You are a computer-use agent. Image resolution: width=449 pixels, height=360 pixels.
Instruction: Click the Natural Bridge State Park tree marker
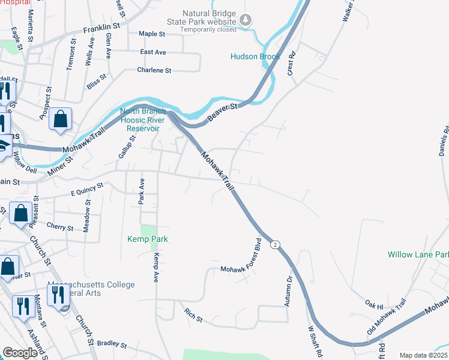246,21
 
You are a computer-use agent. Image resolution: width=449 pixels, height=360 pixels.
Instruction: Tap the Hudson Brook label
255,57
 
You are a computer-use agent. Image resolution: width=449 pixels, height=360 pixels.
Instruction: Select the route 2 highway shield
275,245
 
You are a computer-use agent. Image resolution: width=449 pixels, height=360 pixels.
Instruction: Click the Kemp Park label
148,239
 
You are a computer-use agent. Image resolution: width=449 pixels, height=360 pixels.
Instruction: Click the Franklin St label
101,27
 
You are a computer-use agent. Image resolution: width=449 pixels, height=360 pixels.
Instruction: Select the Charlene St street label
154,70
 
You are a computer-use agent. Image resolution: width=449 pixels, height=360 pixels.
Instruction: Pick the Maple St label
152,34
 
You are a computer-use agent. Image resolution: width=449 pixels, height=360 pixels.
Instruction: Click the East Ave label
152,52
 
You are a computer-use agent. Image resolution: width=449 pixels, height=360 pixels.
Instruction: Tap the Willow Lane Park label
418,254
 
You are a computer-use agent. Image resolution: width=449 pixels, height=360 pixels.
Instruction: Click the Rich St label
193,314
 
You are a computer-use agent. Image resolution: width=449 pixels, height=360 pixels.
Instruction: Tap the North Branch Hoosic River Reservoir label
140,119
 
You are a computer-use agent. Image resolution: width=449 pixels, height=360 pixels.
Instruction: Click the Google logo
21,353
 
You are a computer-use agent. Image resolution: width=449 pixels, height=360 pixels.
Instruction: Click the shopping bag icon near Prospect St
61,119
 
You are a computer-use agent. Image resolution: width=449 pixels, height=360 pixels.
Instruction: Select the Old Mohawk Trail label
387,317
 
